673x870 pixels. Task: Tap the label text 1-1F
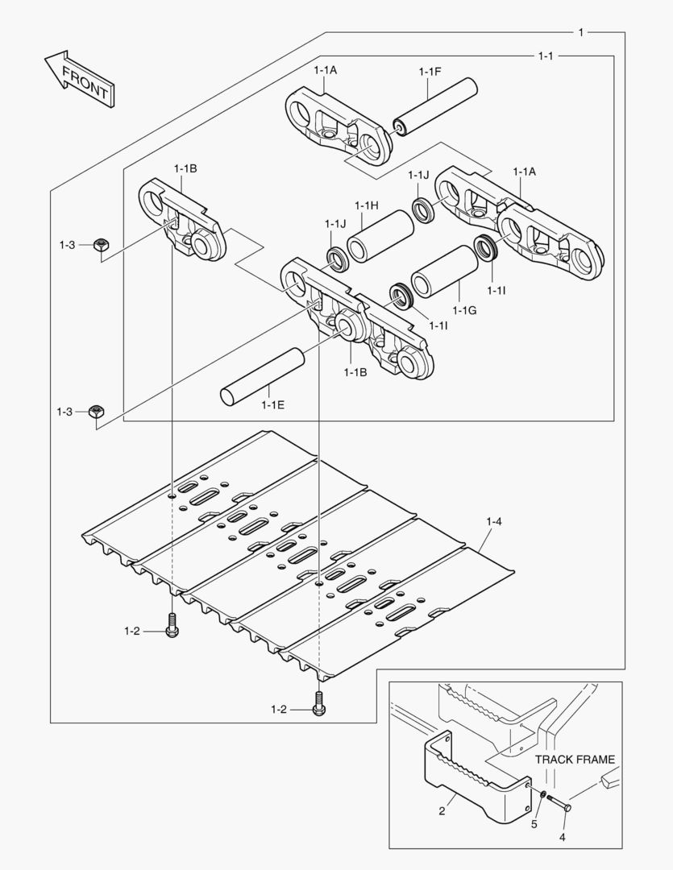pos(430,72)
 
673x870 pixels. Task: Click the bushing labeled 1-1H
pos(380,237)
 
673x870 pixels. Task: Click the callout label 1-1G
pos(465,310)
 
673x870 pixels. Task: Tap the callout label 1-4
pos(493,523)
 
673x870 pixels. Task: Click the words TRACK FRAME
pos(575,759)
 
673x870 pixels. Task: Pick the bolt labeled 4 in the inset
pos(559,803)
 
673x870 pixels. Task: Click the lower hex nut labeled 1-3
pos(96,411)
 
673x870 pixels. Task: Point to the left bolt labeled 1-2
pos(171,626)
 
